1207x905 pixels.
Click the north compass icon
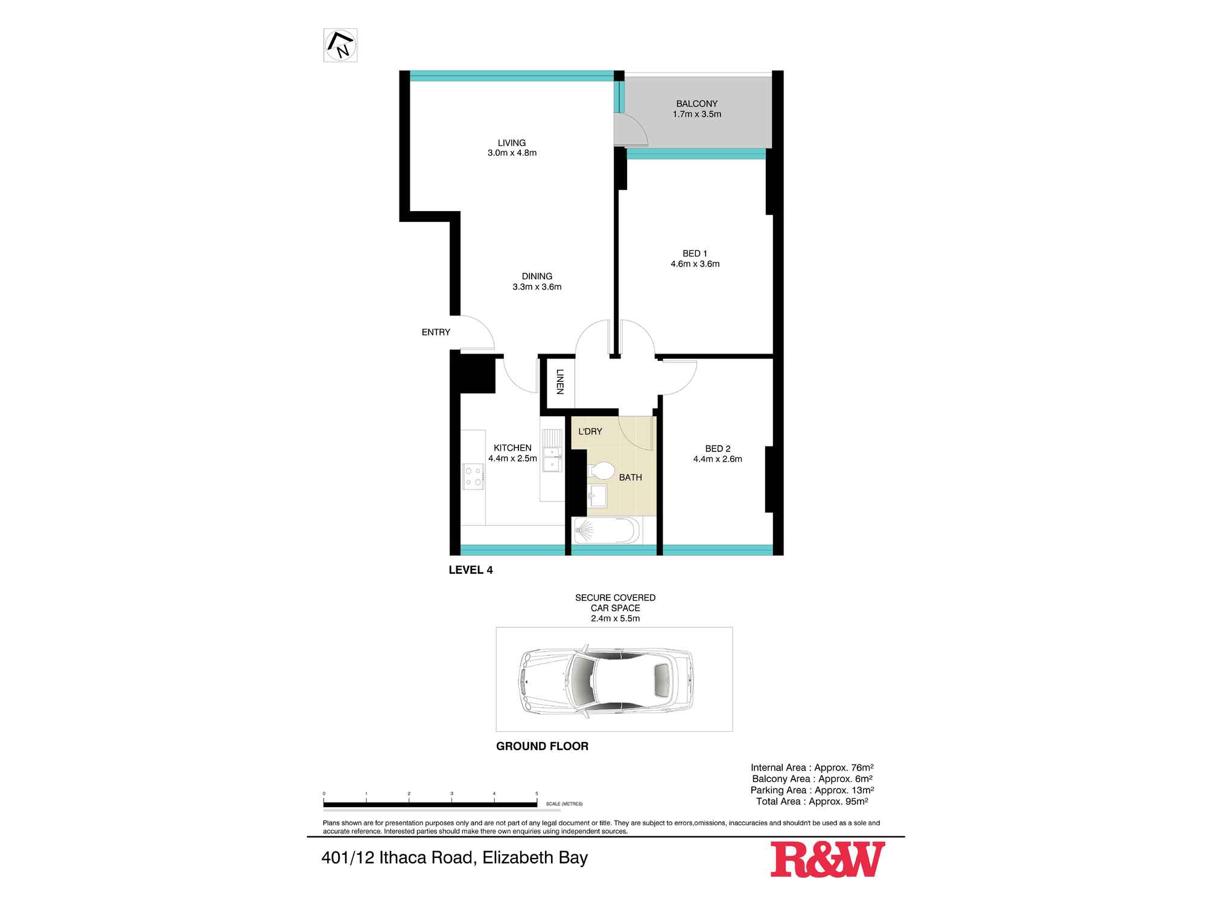340,45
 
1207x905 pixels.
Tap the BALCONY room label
696,104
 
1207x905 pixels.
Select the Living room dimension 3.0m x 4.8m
512,153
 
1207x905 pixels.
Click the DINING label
537,276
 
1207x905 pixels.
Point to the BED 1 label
695,253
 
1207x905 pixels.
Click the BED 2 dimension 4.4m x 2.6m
718,459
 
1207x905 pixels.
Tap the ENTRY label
436,332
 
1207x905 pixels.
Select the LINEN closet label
559,381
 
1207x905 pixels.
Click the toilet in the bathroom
601,470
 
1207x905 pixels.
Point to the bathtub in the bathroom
607,532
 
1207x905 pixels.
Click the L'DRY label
590,431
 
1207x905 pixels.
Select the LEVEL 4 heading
471,570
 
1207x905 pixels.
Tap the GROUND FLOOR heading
542,746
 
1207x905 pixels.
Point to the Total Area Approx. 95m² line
812,802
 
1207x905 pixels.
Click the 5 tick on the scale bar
537,794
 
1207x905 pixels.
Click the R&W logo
827,859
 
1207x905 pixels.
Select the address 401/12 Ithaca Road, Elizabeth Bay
454,857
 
